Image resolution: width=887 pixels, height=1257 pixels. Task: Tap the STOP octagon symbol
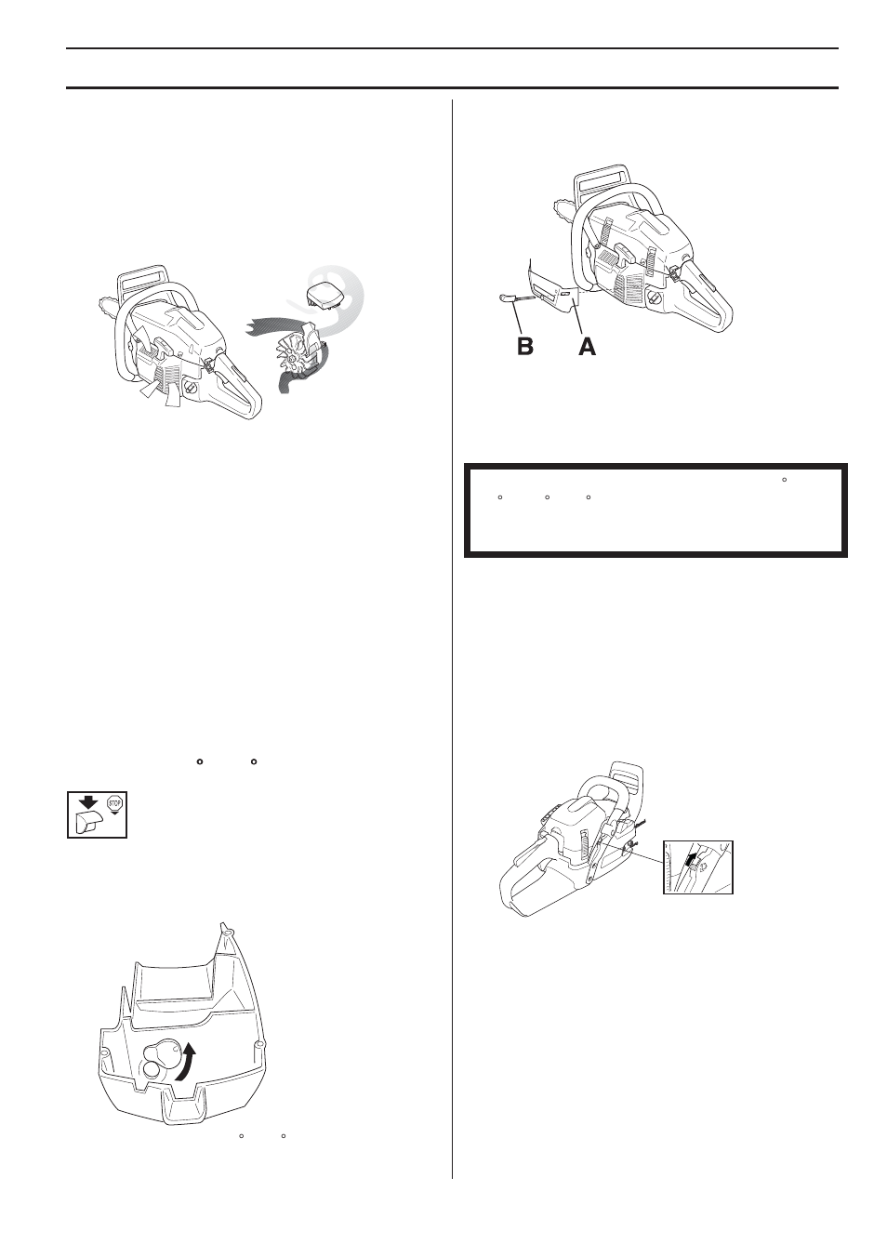coord(116,803)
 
